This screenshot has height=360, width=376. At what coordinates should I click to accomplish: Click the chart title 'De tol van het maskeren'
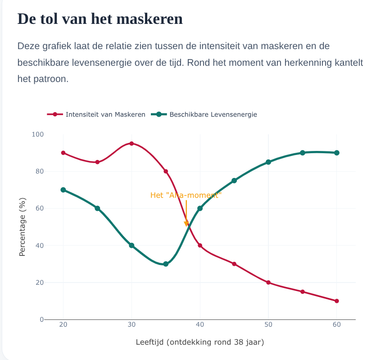pos(100,19)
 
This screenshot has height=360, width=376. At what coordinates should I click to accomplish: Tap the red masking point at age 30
pos(131,144)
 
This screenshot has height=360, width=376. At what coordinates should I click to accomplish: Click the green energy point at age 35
pos(166,264)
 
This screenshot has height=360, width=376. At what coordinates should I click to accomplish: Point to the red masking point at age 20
pos(63,153)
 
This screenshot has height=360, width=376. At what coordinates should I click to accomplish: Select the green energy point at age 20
pos(63,190)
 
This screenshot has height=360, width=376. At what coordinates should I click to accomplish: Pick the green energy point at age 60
pos(337,153)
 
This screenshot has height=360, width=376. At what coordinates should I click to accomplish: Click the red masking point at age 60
pos(337,301)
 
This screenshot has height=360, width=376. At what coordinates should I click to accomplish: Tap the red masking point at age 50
pos(268,283)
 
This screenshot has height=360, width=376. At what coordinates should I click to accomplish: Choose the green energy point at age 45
pos(234,181)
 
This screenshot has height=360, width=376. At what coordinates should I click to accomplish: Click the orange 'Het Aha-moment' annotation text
pos(186,196)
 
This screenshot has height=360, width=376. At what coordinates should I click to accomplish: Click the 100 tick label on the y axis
pos(38,134)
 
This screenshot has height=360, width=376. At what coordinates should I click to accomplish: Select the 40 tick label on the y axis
pos(40,246)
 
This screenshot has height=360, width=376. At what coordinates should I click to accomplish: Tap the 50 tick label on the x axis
pos(268,324)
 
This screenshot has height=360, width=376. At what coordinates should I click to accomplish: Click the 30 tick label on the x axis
pos(131,324)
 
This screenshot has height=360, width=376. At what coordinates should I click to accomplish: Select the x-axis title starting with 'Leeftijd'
pos(200,342)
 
